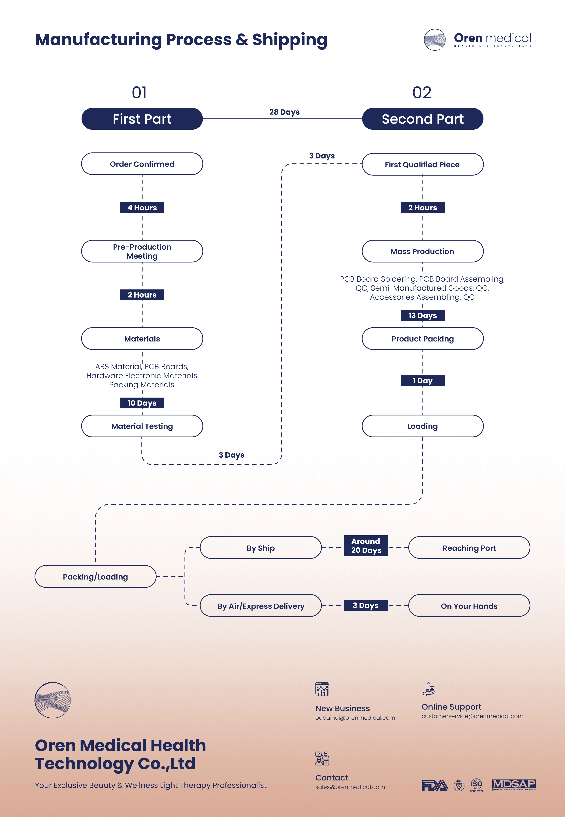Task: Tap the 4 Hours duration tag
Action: point(142,207)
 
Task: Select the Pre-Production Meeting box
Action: point(142,251)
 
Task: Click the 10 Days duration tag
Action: point(142,403)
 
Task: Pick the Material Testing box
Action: point(142,426)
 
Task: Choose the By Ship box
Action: point(261,548)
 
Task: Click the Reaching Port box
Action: point(469,548)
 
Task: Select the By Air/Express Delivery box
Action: point(261,606)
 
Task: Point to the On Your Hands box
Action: point(469,606)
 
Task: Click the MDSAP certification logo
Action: point(514,785)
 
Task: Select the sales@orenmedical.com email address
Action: point(350,787)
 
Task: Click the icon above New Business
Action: point(322,689)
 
